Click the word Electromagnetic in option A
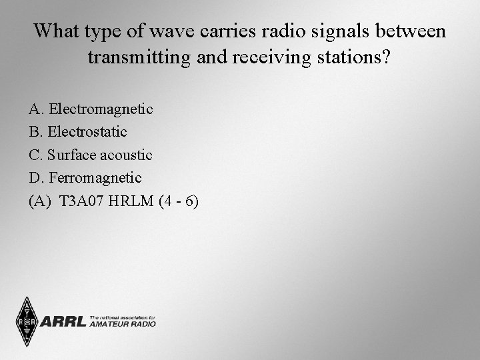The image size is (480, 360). coord(101,109)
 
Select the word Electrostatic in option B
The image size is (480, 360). coord(87,132)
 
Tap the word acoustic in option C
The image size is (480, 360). coord(127,155)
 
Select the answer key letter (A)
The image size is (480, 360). coord(41,201)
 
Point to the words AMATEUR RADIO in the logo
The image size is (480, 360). coord(122,325)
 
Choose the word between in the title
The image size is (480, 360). coord(413,31)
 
